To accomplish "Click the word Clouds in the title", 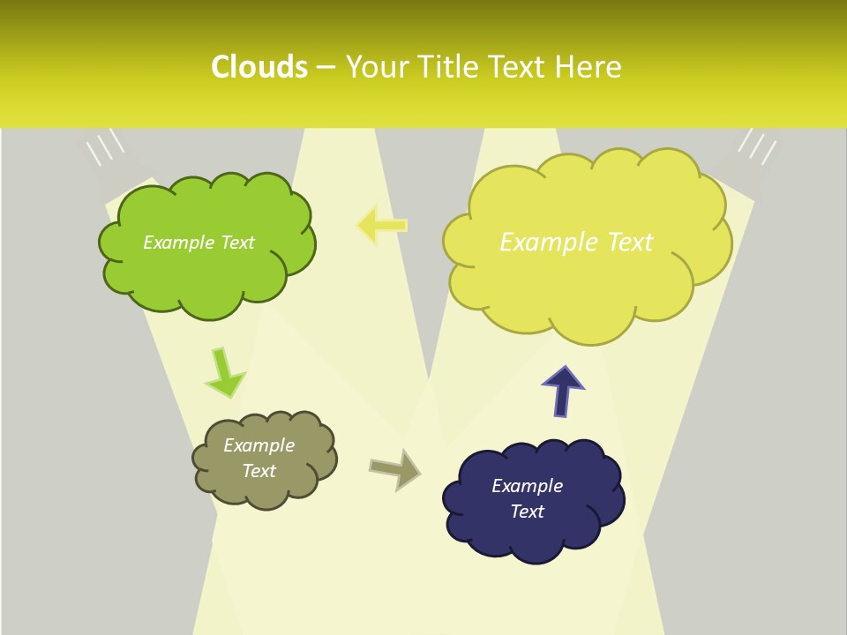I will pos(259,67).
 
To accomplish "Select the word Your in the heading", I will pos(374,67).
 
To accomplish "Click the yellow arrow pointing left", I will pos(381,225).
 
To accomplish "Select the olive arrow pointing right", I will pos(394,468).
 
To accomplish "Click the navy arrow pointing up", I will pos(563,392).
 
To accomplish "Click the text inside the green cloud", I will pos(199,243).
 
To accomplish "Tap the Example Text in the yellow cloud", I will pos(576,243).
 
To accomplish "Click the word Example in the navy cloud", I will pos(527,486).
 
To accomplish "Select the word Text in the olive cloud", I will pos(259,471).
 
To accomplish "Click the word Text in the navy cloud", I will pos(527,512).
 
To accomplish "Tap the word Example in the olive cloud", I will pos(259,445).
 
